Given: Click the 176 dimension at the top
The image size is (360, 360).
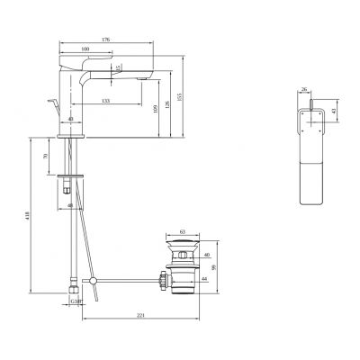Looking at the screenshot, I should click(106, 39).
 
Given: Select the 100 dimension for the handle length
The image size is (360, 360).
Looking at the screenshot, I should click(85, 49).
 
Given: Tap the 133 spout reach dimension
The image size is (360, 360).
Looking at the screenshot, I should click(107, 101).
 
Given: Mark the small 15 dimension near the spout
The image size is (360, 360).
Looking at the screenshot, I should click(118, 68).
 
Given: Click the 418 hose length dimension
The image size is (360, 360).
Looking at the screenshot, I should click(29, 216).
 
